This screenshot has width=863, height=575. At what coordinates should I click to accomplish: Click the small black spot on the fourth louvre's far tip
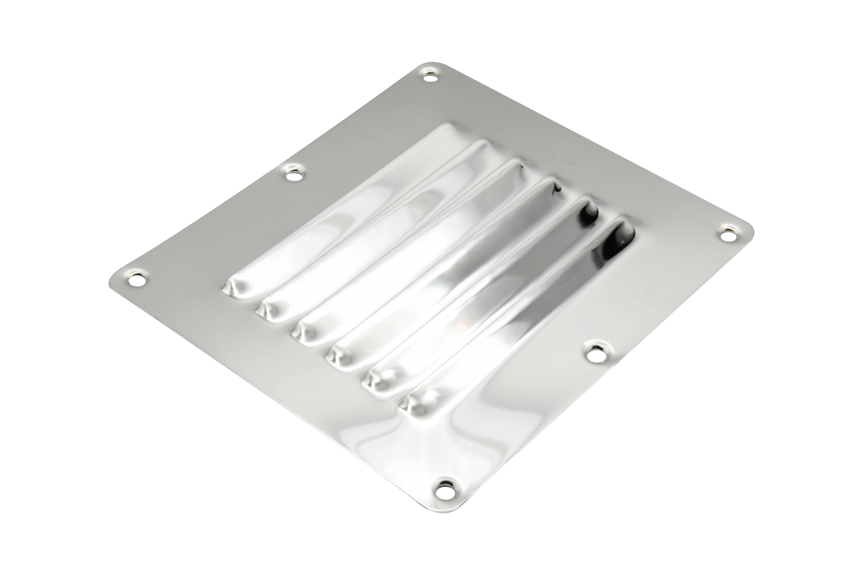click(558, 189)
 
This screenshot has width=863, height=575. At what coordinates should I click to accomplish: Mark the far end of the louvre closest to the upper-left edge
click(448, 130)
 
